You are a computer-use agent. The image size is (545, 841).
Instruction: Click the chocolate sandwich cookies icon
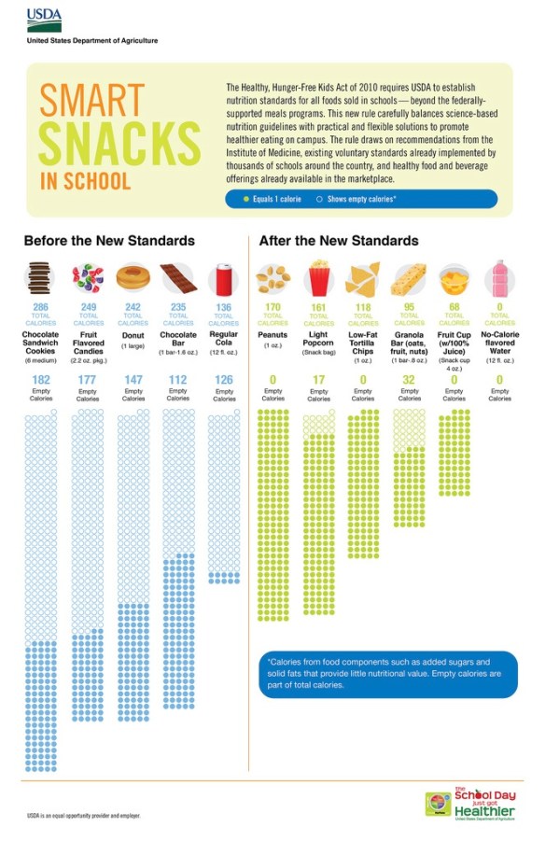pyautogui.click(x=41, y=277)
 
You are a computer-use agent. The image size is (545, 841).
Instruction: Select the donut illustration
pyautogui.click(x=133, y=277)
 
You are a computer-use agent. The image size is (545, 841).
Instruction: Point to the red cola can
pyautogui.click(x=224, y=277)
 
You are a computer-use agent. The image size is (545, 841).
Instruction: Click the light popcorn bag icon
pyautogui.click(x=319, y=277)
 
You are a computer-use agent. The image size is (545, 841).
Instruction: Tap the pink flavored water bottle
pyautogui.click(x=499, y=277)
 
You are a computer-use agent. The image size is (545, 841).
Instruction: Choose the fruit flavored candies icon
pyautogui.click(x=88, y=277)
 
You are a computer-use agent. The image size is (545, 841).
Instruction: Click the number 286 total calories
pyautogui.click(x=41, y=306)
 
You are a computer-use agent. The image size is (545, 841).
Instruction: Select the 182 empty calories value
pyautogui.click(x=41, y=380)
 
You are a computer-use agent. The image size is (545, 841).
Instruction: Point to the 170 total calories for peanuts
pyautogui.click(x=272, y=306)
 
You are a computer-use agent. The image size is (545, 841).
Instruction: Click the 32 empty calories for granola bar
pyautogui.click(x=409, y=380)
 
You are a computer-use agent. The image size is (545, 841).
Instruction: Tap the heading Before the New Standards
pyautogui.click(x=109, y=241)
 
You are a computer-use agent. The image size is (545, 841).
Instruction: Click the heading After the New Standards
pyautogui.click(x=339, y=241)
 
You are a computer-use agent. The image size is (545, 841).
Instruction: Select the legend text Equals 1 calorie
pyautogui.click(x=276, y=199)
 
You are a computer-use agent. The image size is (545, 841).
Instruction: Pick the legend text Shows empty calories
pyautogui.click(x=360, y=199)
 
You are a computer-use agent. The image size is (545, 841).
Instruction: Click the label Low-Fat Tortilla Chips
pyautogui.click(x=363, y=343)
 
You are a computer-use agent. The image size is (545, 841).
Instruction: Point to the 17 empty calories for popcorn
pyautogui.click(x=319, y=380)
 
